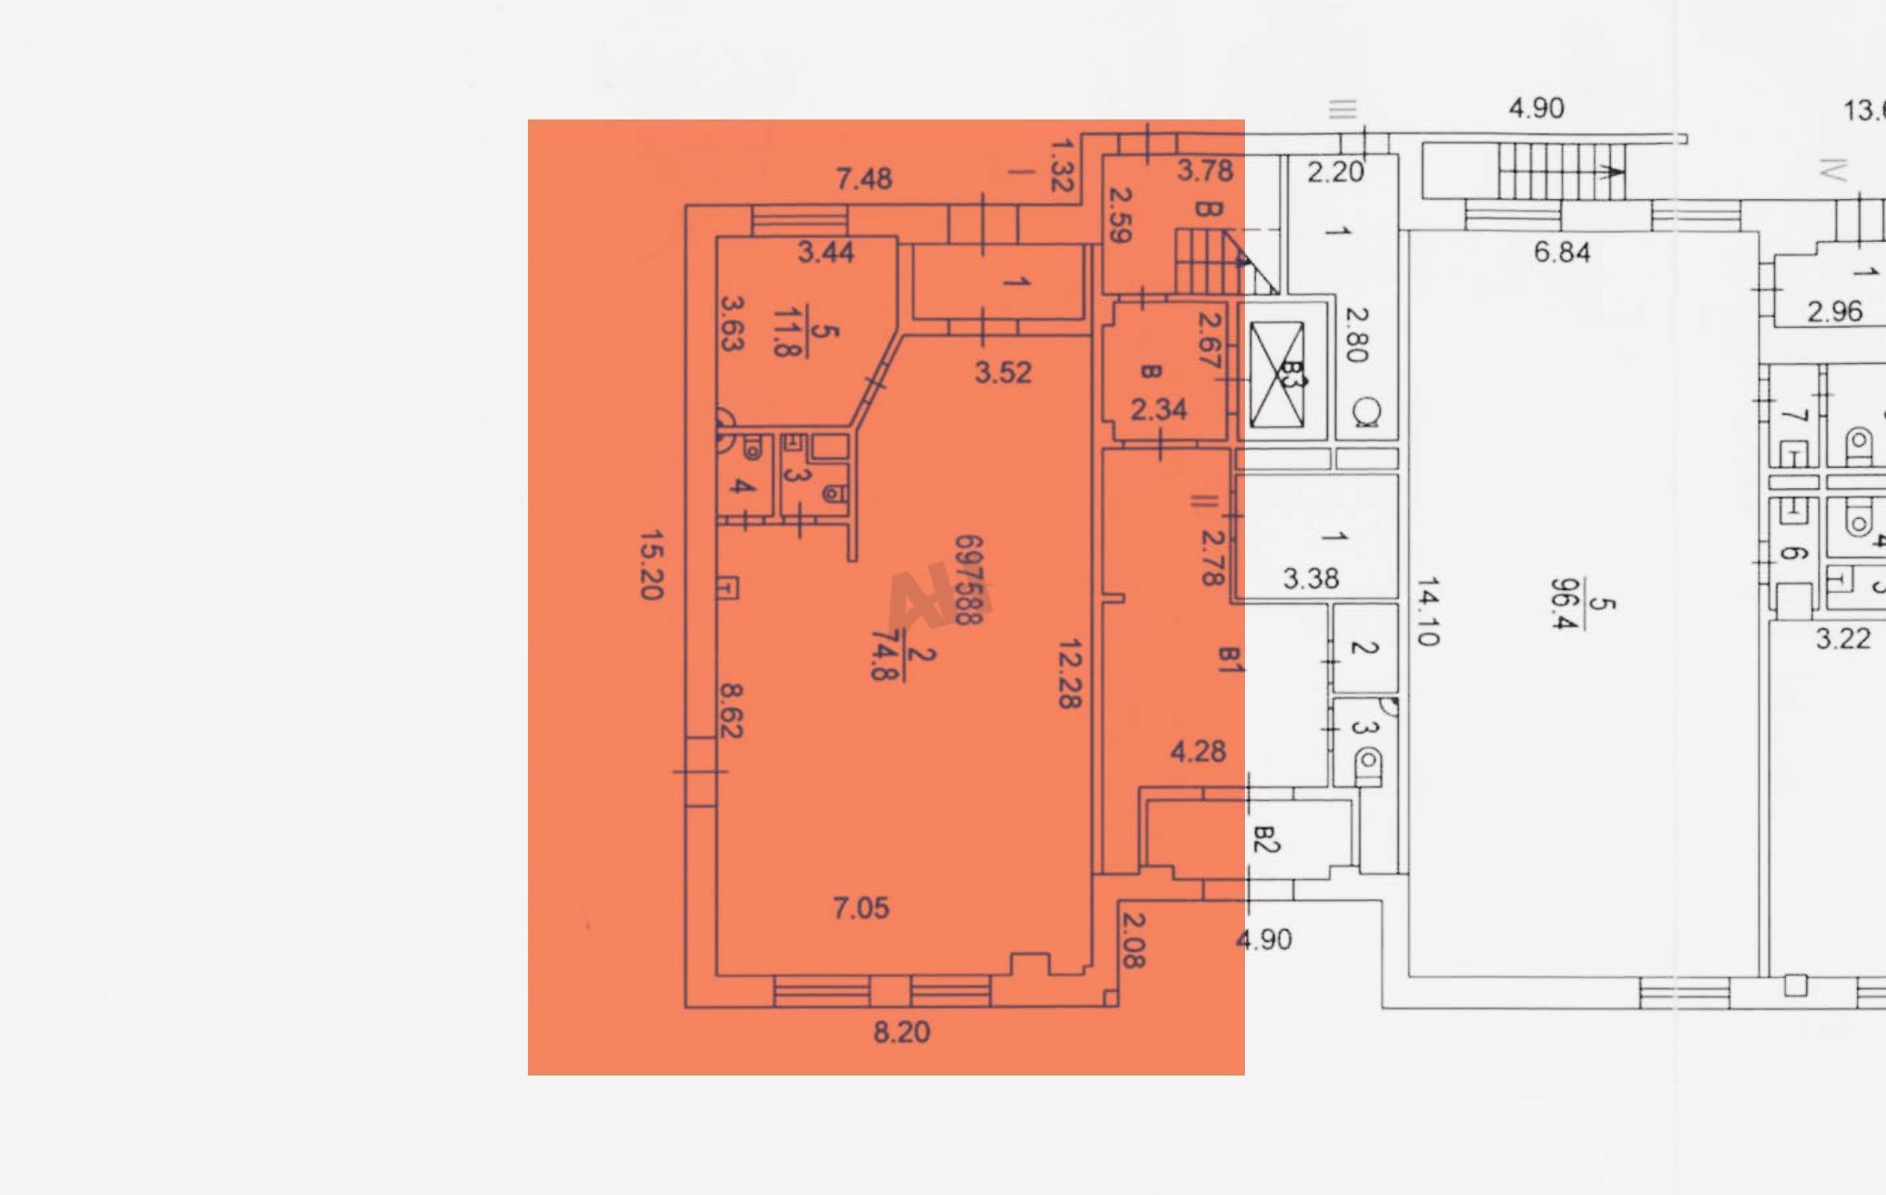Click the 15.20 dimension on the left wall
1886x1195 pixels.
click(652, 565)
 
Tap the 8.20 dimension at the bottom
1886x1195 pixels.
click(901, 1032)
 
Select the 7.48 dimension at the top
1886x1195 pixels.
click(863, 178)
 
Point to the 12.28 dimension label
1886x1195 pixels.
click(1070, 673)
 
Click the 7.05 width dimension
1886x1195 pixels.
click(861, 908)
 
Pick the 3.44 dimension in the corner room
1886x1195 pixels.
click(825, 252)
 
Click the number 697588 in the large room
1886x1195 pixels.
click(968, 580)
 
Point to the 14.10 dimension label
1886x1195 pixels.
click(1427, 611)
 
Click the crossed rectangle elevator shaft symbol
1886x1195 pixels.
click(1276, 375)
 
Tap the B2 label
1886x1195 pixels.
click(1265, 839)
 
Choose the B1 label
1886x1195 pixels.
click(1228, 659)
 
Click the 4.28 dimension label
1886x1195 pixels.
click(1198, 751)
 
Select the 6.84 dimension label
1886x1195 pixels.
click(1562, 252)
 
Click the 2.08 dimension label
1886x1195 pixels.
click(1133, 940)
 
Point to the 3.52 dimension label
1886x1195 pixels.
click(1002, 372)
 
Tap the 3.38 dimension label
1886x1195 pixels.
click(1311, 579)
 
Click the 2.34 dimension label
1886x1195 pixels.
click(1158, 409)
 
